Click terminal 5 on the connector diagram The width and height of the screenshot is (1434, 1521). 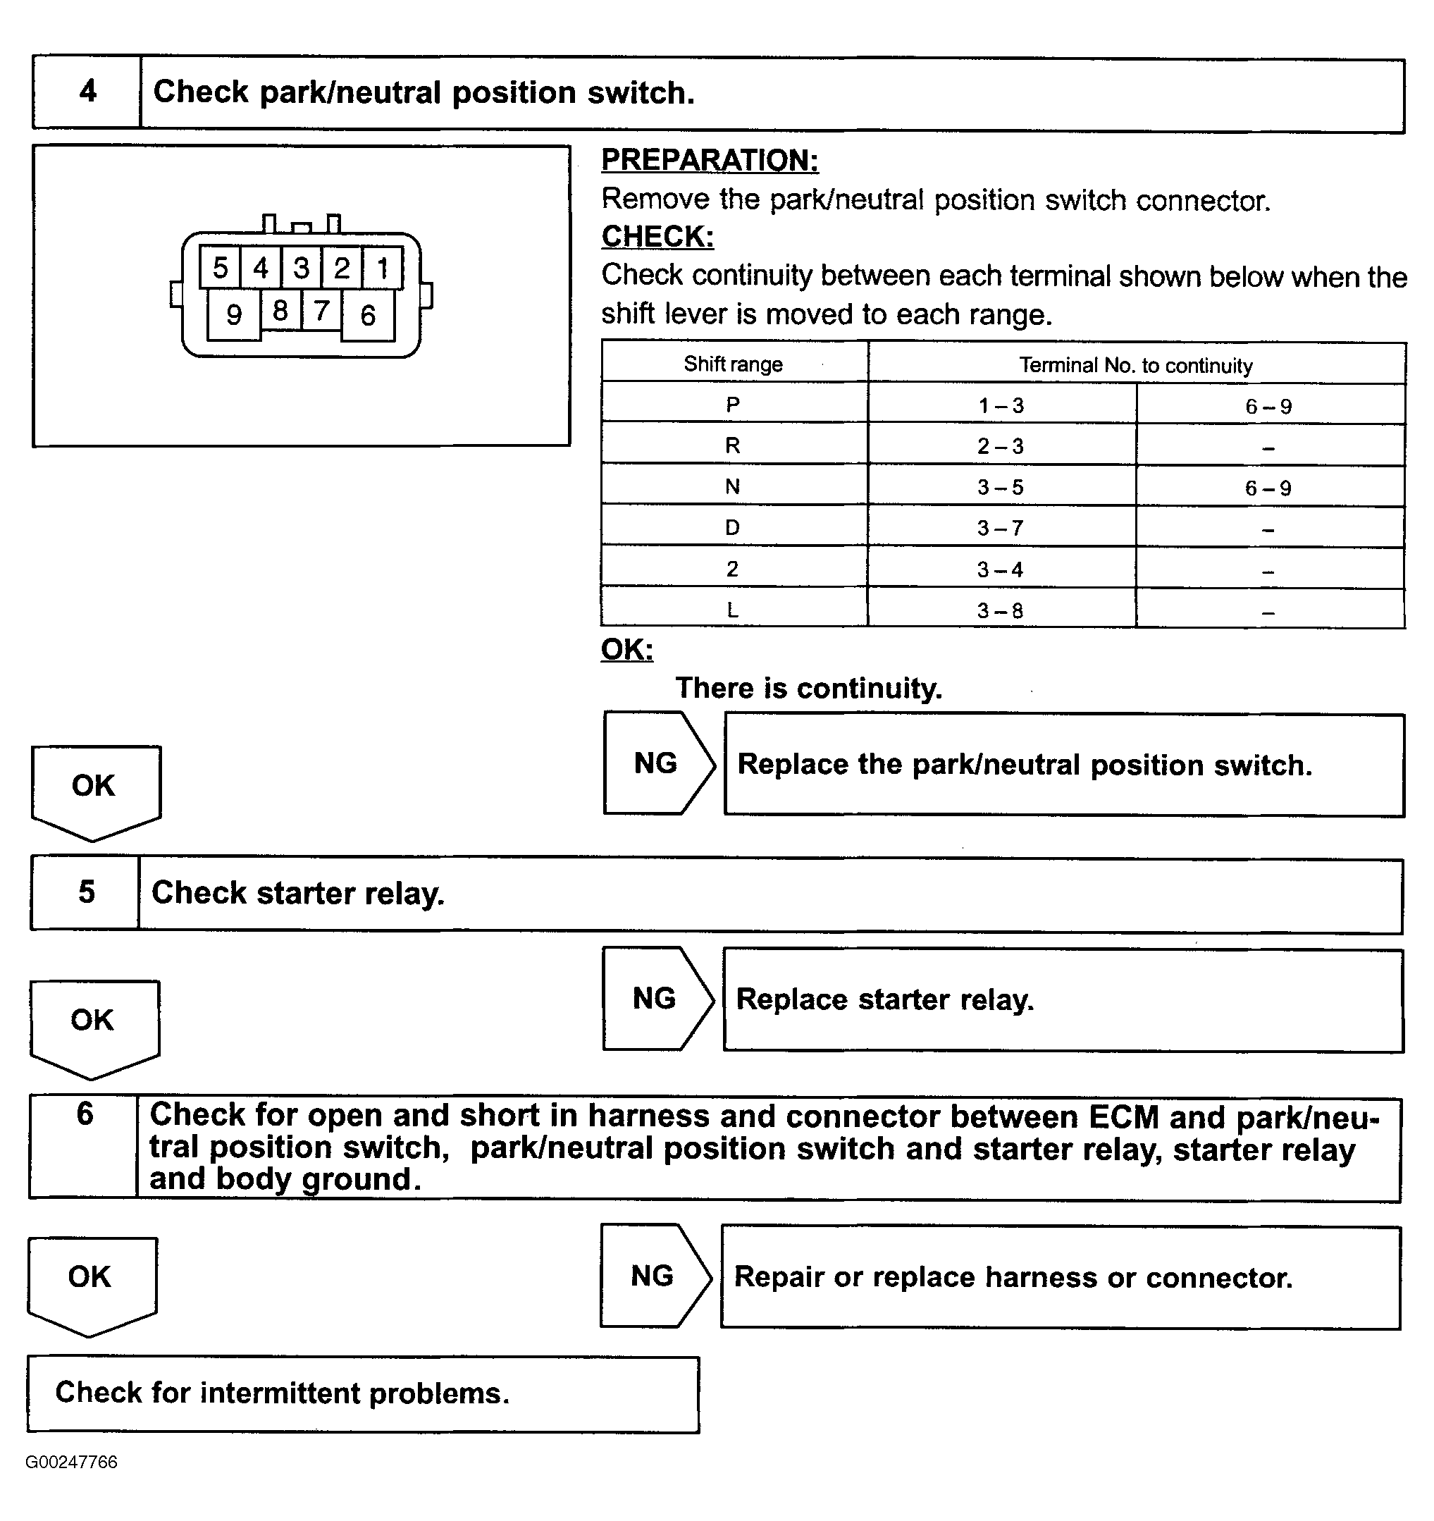pyautogui.click(x=221, y=268)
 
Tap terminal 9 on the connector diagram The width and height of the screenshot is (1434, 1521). pyautogui.click(x=234, y=314)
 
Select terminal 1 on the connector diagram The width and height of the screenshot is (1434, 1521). pyautogui.click(x=383, y=268)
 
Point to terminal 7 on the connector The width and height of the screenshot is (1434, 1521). pyautogui.click(x=321, y=310)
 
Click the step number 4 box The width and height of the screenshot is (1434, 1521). pyautogui.click(x=87, y=92)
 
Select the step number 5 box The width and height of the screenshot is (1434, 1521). pyautogui.click(x=86, y=892)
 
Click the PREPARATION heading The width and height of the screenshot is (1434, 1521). pyautogui.click(x=710, y=161)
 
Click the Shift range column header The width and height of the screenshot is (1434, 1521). pyautogui.click(x=734, y=364)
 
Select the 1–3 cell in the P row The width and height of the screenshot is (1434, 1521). pyautogui.click(x=1001, y=405)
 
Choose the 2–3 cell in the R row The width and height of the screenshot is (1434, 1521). pyautogui.click(x=1001, y=446)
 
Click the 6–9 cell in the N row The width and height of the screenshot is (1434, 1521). pyautogui.click(x=1268, y=487)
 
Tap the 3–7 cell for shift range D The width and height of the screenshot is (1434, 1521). pyautogui.click(x=1001, y=528)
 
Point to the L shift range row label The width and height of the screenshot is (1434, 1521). pyautogui.click(x=733, y=610)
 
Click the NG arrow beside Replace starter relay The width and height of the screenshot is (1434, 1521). pyautogui.click(x=656, y=999)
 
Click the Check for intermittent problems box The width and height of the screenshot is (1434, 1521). pyautogui.click(x=364, y=1393)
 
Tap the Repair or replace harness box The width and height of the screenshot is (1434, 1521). pyautogui.click(x=1061, y=1277)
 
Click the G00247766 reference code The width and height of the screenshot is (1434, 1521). pyautogui.click(x=71, y=1462)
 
